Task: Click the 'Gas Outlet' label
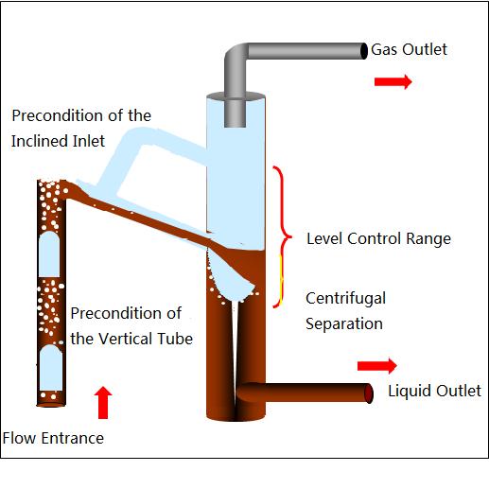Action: [x=409, y=49]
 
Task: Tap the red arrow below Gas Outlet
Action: [x=393, y=82]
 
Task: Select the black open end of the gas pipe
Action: [x=364, y=51]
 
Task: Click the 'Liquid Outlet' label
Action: [x=434, y=391]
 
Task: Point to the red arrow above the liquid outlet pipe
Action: [x=377, y=366]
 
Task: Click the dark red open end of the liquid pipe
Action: [x=369, y=393]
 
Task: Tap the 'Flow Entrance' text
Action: [x=53, y=438]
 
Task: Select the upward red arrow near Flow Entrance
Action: [x=103, y=403]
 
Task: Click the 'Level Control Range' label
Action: [x=378, y=238]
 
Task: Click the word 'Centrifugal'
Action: [x=346, y=299]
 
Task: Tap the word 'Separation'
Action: [x=344, y=323]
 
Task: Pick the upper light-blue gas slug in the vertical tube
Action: [x=49, y=254]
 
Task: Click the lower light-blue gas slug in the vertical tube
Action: [x=51, y=368]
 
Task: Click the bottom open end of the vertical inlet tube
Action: [x=51, y=405]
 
